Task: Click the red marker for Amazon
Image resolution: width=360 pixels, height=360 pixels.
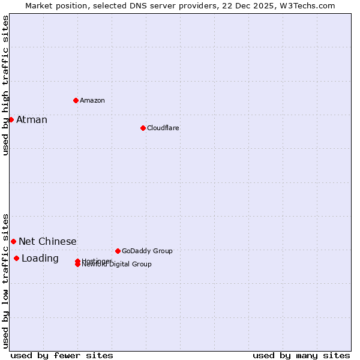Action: pyautogui.click(x=76, y=100)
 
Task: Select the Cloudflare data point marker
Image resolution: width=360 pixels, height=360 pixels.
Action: pyautogui.click(x=143, y=128)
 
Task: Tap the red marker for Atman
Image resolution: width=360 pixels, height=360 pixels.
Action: pyautogui.click(x=11, y=119)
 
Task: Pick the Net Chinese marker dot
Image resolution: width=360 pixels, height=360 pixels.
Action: pyautogui.click(x=13, y=241)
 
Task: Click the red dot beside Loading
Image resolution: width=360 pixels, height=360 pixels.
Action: pyautogui.click(x=16, y=258)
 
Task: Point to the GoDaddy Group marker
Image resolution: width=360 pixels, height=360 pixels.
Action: pyautogui.click(x=118, y=251)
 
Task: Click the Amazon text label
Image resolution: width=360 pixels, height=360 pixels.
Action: pyautogui.click(x=92, y=100)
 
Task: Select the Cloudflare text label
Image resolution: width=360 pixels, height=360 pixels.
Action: pyautogui.click(x=163, y=128)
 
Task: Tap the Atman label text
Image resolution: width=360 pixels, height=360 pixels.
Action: pyautogui.click(x=32, y=119)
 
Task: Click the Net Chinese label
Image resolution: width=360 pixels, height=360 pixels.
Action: pyautogui.click(x=47, y=241)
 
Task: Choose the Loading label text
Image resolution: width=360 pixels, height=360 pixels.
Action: pyautogui.click(x=40, y=258)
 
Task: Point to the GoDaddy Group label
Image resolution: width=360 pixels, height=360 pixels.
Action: pyautogui.click(x=147, y=251)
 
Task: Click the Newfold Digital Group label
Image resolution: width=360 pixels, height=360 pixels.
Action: pyautogui.click(x=118, y=265)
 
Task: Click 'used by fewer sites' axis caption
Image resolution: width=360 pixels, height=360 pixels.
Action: pyautogui.click(x=62, y=355)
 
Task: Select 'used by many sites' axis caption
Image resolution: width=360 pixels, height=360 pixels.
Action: pyautogui.click(x=301, y=355)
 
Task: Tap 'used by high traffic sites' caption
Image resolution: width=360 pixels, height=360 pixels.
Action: pyautogui.click(x=5, y=85)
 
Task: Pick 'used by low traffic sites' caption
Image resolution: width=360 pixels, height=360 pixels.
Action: pyautogui.click(x=5, y=280)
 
